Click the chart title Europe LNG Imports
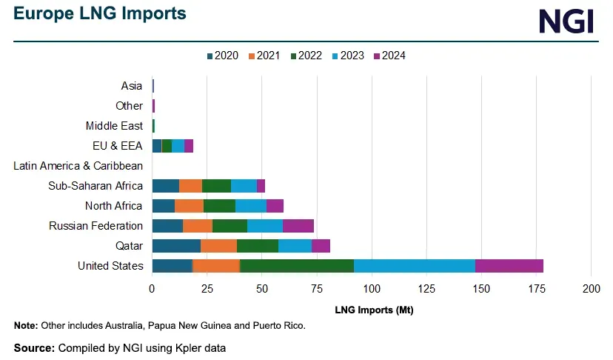pos(100,14)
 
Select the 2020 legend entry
pos(222,56)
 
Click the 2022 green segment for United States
pos(297,266)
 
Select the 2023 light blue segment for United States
pos(415,266)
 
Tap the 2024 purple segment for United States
pos(509,266)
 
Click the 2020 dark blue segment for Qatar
pos(176,246)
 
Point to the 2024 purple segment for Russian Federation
pos(298,226)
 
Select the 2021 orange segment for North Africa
pos(189,206)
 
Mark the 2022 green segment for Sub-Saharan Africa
pos(216,186)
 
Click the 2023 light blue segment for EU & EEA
pos(178,146)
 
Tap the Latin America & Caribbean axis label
pos(78,166)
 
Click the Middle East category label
pos(114,126)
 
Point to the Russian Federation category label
pos(96,226)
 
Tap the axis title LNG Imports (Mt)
pos(374,310)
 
